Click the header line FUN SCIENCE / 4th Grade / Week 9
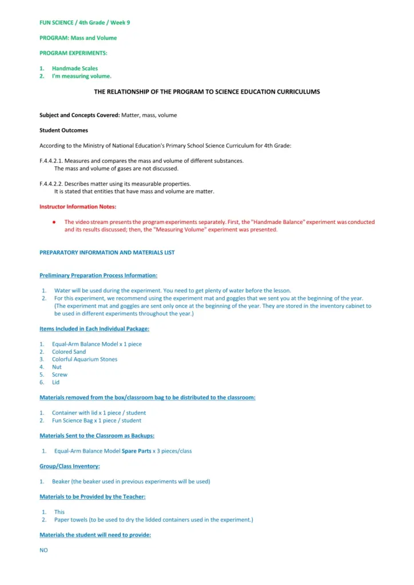pos(85,22)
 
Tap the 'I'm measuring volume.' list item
pos(81,76)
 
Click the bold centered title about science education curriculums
pos(207,91)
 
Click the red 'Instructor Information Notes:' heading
pos(78,207)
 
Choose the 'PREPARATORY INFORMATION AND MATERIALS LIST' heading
pos(107,253)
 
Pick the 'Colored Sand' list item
pos(69,352)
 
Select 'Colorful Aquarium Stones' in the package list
pos(85,359)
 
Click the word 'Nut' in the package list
pos(57,367)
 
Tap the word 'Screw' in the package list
pos(59,375)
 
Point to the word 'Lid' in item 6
pos(55,382)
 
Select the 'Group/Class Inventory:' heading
pos(69,466)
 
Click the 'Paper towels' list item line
pos(153,520)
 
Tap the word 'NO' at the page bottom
pos(43,550)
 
